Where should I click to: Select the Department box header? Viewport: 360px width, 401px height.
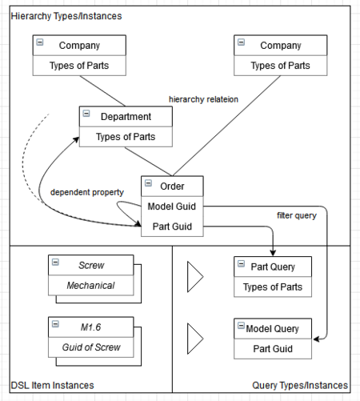(126, 117)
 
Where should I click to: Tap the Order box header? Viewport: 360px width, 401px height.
(172, 186)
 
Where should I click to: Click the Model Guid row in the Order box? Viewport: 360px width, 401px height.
(172, 207)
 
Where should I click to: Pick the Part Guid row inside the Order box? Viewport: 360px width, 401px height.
(172, 227)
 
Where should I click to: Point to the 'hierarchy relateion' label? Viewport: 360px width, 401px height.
(203, 98)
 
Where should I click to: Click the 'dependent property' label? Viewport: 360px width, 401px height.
(86, 193)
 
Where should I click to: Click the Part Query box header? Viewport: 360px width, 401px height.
(272, 267)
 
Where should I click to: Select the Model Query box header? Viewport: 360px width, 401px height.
(272, 329)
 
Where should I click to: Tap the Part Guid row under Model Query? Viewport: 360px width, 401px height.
(272, 349)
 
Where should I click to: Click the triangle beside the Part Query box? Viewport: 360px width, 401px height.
(194, 276)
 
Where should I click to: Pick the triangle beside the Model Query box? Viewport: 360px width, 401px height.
(194, 339)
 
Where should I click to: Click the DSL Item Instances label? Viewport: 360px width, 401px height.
(52, 386)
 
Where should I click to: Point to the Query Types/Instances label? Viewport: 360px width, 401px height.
(299, 386)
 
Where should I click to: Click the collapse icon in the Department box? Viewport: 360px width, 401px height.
(86, 114)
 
